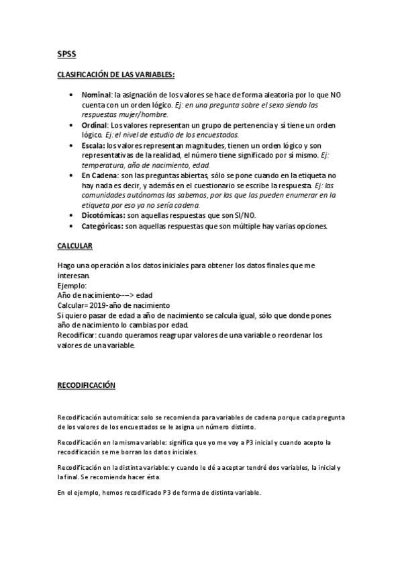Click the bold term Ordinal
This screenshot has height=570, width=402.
point(95,126)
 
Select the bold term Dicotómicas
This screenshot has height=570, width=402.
point(103,215)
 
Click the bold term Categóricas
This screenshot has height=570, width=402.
point(102,227)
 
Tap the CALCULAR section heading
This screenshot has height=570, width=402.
point(74,246)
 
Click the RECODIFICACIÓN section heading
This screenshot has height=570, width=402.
point(86,385)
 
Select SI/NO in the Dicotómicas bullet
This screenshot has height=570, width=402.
point(243,215)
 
